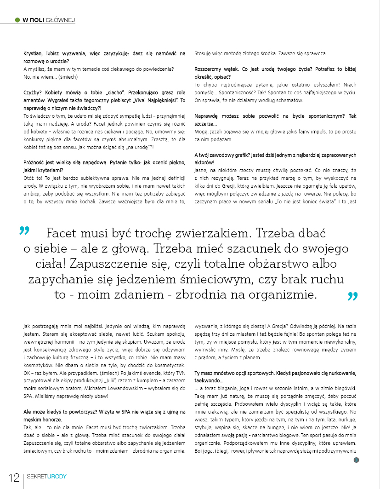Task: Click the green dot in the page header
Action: (x=17, y=20)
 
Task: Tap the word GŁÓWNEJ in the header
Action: (x=61, y=20)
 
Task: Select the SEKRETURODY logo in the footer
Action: (x=46, y=476)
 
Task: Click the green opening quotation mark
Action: (x=24, y=230)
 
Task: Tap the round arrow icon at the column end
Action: (x=356, y=460)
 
